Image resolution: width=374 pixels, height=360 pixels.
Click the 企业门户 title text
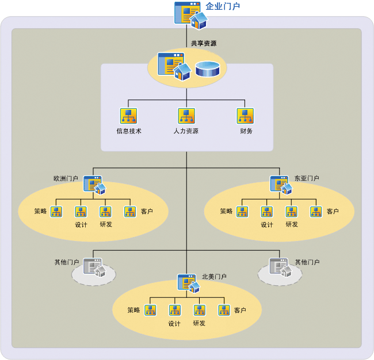(223, 7)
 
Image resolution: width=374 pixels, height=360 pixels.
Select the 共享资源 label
(204, 43)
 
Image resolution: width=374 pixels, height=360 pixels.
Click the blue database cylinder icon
(207, 69)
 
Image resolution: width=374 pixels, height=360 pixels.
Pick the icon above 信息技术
(128, 116)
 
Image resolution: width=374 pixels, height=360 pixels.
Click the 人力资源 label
(186, 131)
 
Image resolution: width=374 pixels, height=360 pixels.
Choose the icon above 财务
(245, 116)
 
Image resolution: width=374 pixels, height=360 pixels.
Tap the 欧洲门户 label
(66, 179)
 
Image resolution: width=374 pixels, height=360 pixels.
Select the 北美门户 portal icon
(188, 283)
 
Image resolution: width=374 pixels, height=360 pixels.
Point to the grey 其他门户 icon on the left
(93, 267)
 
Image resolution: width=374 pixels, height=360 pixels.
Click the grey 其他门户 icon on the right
(280, 267)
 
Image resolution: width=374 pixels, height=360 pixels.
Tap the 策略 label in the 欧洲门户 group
(40, 212)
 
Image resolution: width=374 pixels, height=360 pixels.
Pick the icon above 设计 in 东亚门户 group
(266, 212)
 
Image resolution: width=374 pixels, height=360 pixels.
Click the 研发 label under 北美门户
(199, 323)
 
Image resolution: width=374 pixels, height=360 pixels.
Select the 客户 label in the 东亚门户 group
(333, 212)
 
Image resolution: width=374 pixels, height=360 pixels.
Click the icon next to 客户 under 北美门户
(224, 311)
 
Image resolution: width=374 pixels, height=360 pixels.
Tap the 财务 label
(246, 131)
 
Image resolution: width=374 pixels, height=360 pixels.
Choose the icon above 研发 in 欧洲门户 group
(105, 212)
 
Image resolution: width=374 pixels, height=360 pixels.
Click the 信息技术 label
(129, 131)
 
